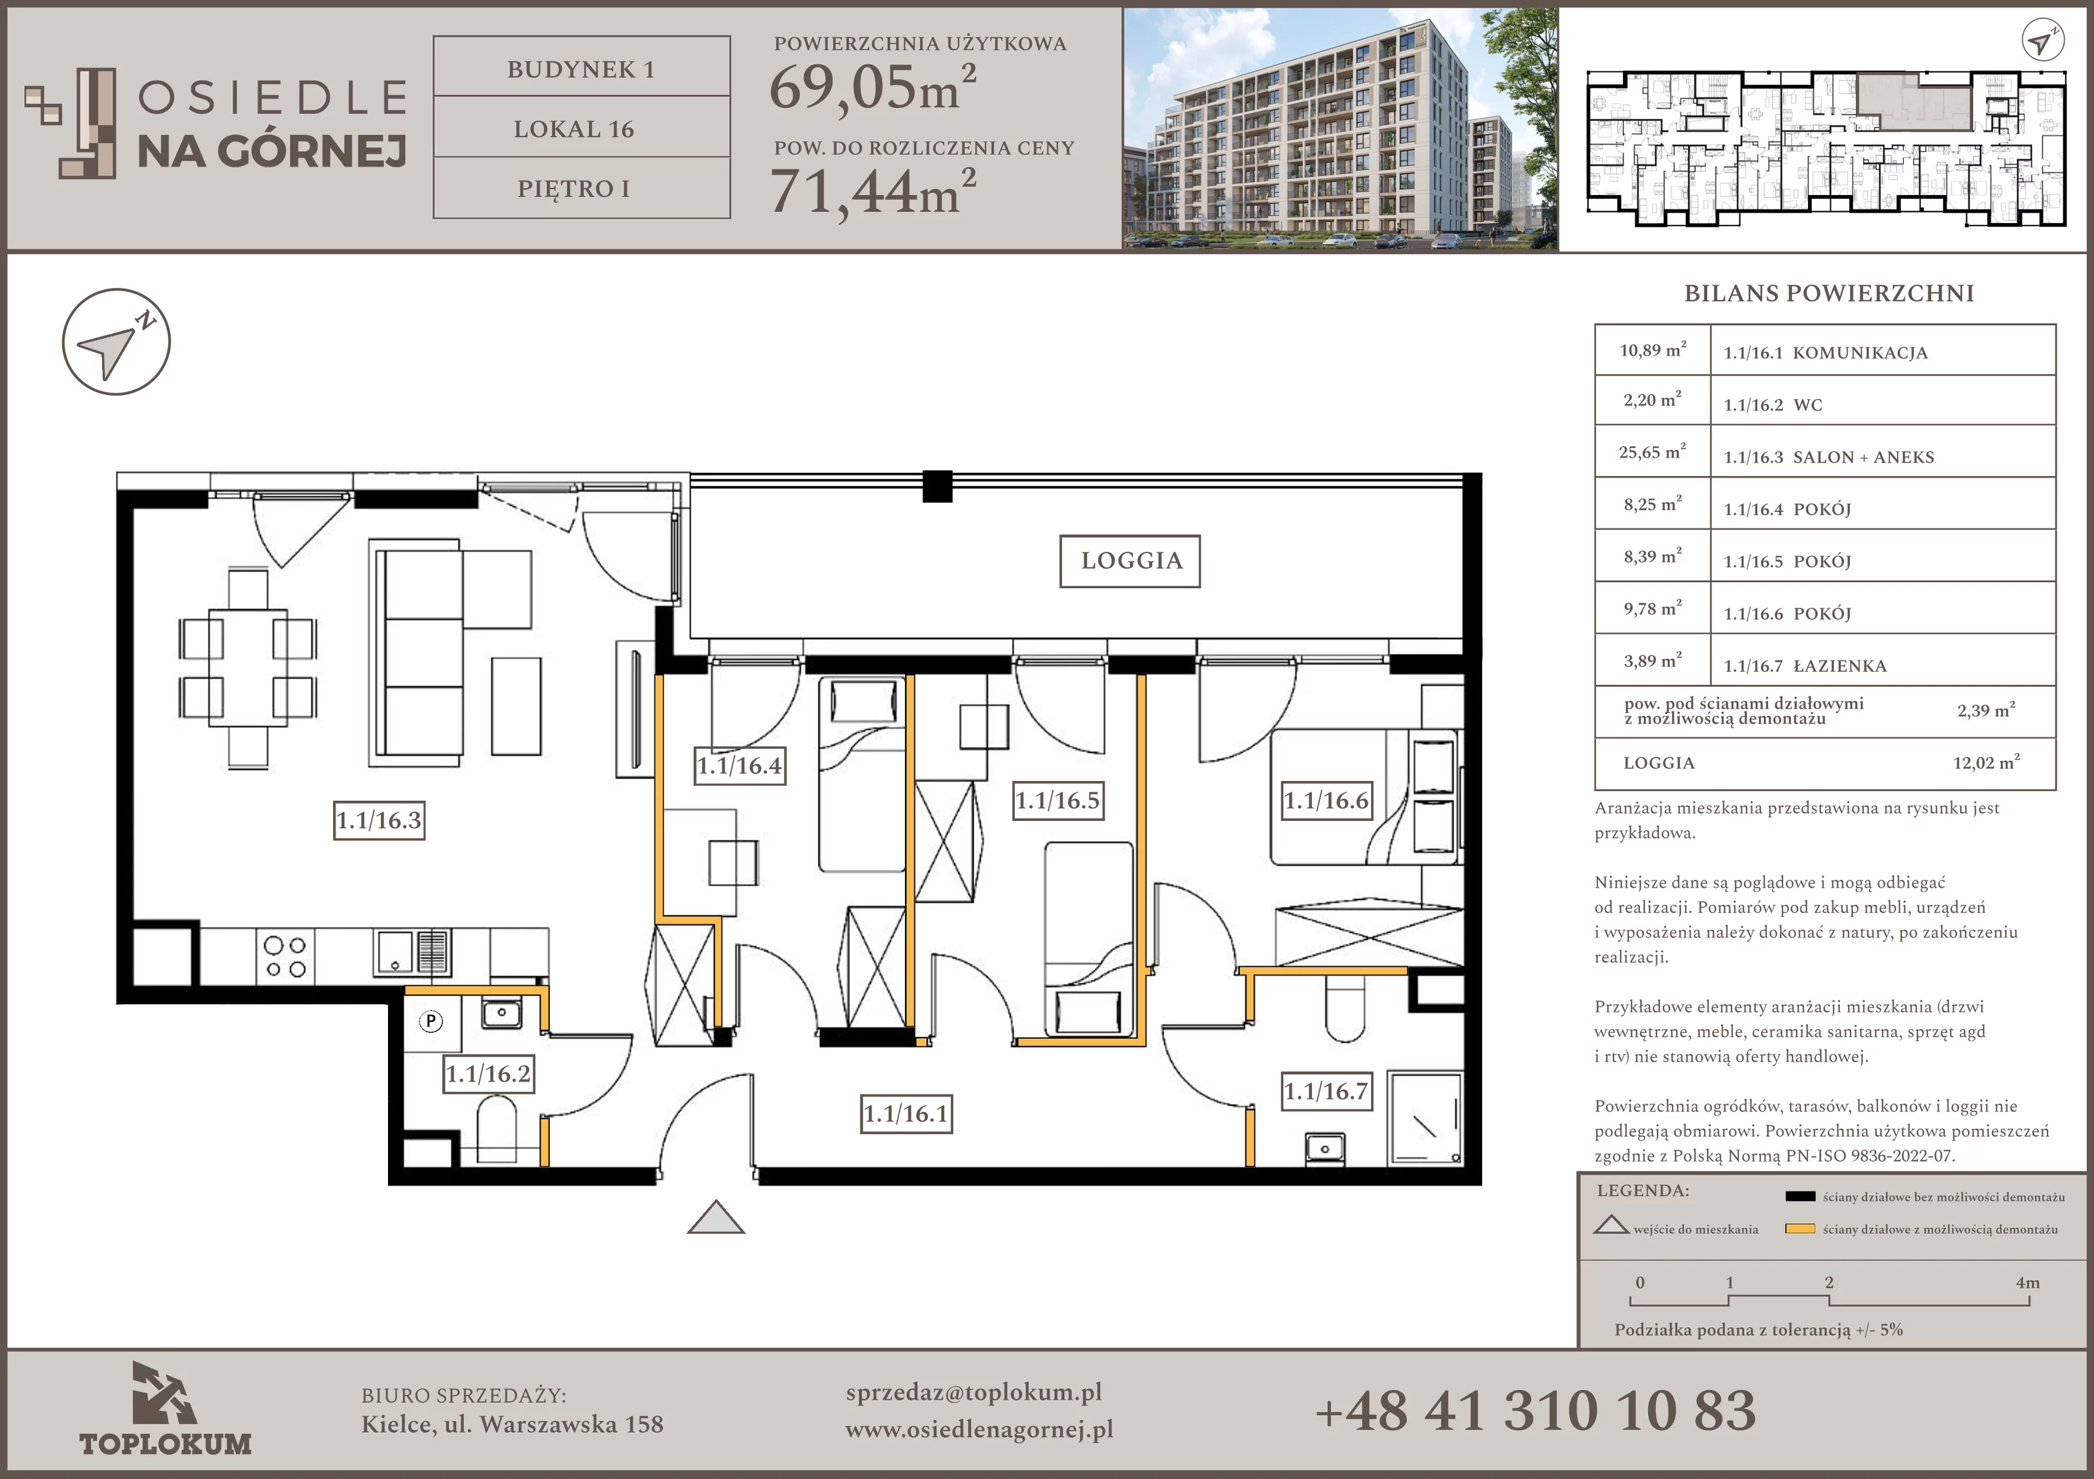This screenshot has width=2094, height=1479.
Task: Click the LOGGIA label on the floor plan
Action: pos(1130,561)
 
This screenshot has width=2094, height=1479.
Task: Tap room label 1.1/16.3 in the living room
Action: pos(380,820)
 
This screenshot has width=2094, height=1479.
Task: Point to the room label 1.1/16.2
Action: pos(488,1073)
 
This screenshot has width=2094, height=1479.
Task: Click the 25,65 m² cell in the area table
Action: pos(1652,451)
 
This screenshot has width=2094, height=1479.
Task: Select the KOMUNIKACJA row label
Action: pos(1860,353)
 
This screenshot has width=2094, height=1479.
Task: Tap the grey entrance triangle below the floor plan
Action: pos(716,1217)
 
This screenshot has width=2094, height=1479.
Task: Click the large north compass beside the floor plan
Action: pos(116,342)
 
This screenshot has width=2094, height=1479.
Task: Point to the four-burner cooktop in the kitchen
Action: pos(285,956)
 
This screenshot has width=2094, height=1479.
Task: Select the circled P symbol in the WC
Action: pos(431,1020)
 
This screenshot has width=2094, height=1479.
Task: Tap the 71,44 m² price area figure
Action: pos(874,192)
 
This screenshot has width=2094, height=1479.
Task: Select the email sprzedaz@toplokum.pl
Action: pos(974,1393)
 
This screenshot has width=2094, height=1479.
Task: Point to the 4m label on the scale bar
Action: pos(2027,1282)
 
